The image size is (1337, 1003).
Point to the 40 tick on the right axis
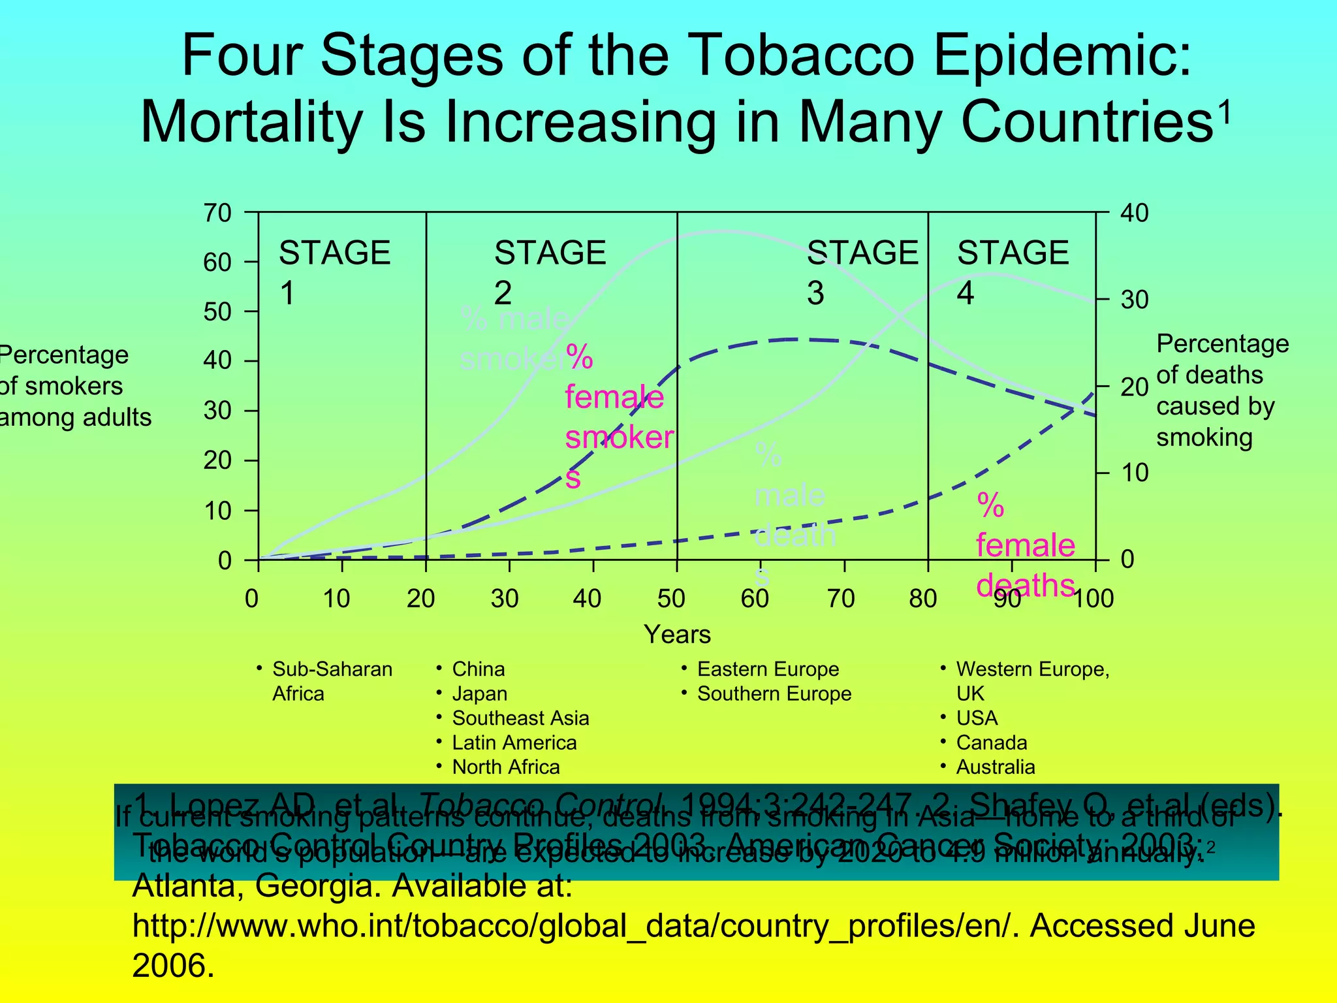(x=1135, y=214)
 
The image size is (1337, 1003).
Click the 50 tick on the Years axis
(x=672, y=598)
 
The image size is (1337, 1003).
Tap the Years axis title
(x=677, y=634)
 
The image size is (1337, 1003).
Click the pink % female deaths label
(x=1025, y=545)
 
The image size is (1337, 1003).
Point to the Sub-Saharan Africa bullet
(x=332, y=681)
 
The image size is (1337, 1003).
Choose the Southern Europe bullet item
(x=774, y=693)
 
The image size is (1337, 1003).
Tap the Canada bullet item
(x=991, y=742)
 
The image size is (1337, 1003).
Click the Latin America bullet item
(x=514, y=742)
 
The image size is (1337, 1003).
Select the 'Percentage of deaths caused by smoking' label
(x=1221, y=390)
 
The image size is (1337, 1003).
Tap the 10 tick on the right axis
(x=1135, y=473)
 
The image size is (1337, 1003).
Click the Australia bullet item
(x=995, y=767)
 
